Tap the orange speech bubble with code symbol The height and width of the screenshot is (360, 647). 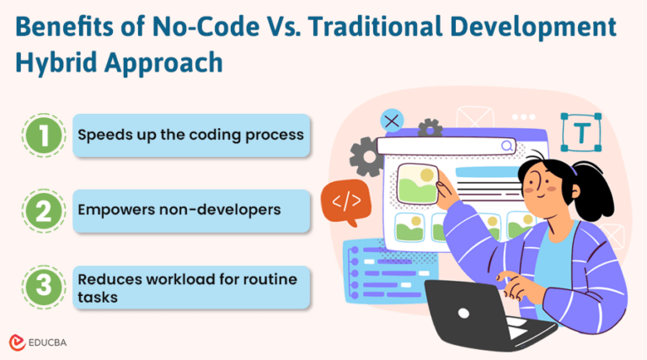(x=345, y=201)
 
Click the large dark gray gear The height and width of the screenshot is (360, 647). (x=367, y=159)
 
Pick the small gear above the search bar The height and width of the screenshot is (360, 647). (x=430, y=128)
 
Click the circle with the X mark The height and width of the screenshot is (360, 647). (x=392, y=121)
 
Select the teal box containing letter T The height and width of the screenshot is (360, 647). (x=581, y=132)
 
